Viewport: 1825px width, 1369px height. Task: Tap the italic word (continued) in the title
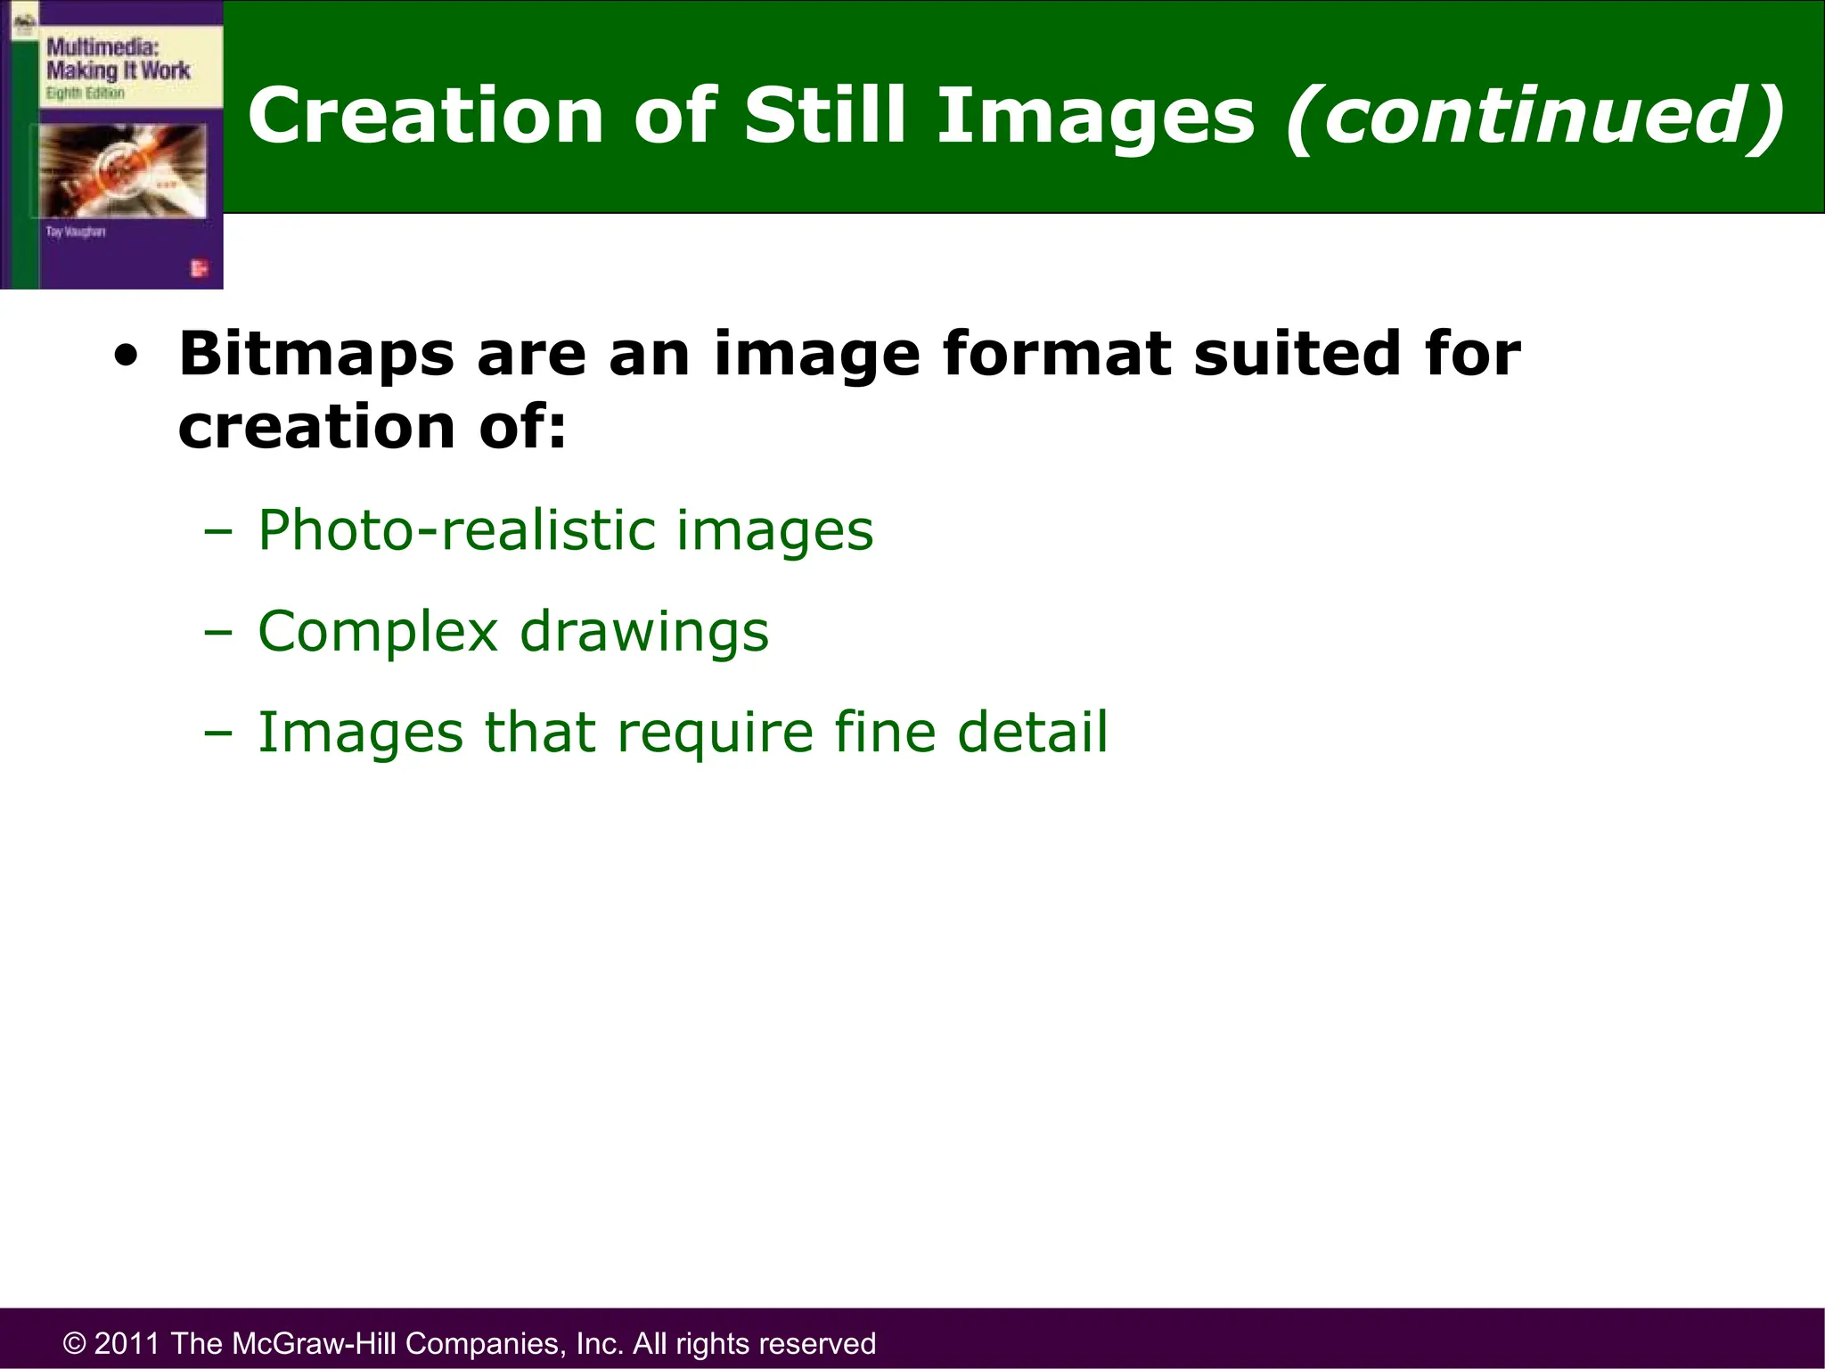(1535, 116)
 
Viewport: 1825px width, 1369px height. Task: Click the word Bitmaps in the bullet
(317, 355)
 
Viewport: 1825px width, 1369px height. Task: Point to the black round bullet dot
(127, 357)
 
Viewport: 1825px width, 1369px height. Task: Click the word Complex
(378, 633)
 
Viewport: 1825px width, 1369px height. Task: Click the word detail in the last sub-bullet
(1032, 733)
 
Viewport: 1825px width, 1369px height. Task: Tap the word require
(715, 734)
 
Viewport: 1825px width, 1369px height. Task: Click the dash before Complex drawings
(217, 633)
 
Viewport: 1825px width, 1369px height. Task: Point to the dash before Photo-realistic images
(217, 532)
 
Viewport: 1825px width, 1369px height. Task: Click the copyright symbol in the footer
(74, 1343)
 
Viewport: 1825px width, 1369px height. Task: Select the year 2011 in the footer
(127, 1343)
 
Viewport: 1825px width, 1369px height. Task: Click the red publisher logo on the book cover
(199, 268)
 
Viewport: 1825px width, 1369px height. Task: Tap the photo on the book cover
(123, 170)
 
